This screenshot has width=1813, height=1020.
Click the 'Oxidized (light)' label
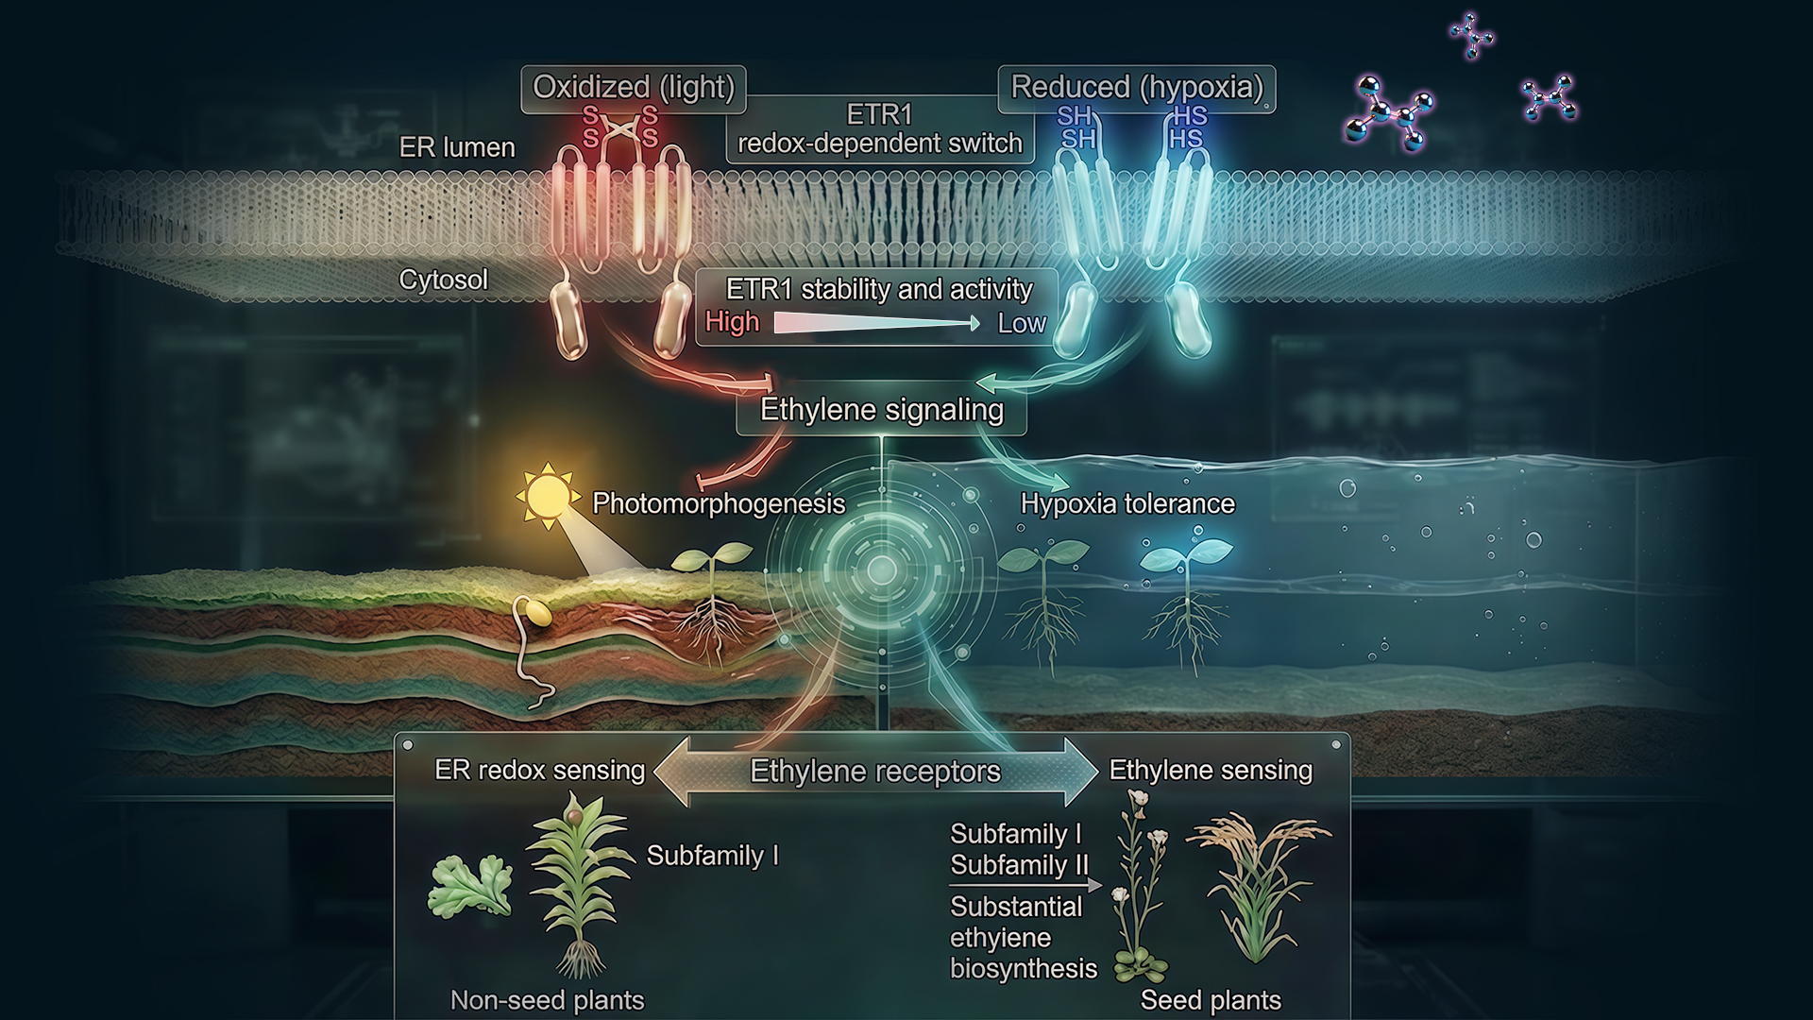pyautogui.click(x=633, y=88)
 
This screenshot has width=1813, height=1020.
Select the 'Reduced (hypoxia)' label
pyautogui.click(x=1136, y=88)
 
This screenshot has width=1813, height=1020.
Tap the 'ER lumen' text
pyautogui.click(x=457, y=147)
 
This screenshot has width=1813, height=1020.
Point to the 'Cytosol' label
pyautogui.click(x=443, y=280)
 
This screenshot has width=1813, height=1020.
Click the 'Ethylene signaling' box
pyautogui.click(x=881, y=410)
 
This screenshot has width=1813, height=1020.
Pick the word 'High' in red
pyautogui.click(x=732, y=322)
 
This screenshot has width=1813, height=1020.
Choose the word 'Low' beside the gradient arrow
pyautogui.click(x=1022, y=323)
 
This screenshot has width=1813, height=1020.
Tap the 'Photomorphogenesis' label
pyautogui.click(x=718, y=503)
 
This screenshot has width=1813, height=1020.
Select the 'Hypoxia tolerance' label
pyautogui.click(x=1127, y=503)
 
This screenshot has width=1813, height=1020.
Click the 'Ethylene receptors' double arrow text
pyautogui.click(x=874, y=772)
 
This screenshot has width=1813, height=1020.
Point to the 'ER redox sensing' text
pyautogui.click(x=539, y=770)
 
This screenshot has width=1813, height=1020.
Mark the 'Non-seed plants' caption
pyautogui.click(x=547, y=1000)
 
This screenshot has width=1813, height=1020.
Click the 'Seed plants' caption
pyautogui.click(x=1211, y=1000)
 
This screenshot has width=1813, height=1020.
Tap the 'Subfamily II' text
pyautogui.click(x=1019, y=865)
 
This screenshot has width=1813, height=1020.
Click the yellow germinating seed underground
pyautogui.click(x=537, y=613)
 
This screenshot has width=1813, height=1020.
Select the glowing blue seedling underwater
pyautogui.click(x=1186, y=557)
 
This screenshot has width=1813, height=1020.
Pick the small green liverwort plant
pyautogui.click(x=470, y=886)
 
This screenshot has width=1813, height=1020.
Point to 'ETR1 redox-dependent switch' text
pyautogui.click(x=879, y=129)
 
